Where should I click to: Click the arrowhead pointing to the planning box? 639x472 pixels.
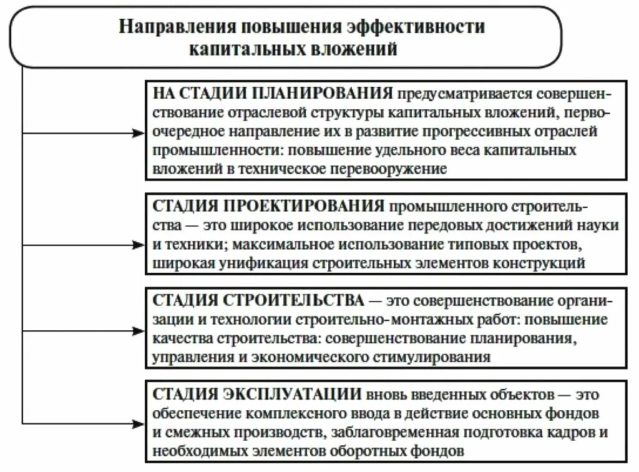click(139, 133)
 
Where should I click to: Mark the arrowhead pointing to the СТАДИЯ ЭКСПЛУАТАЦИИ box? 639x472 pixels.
click(139, 423)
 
